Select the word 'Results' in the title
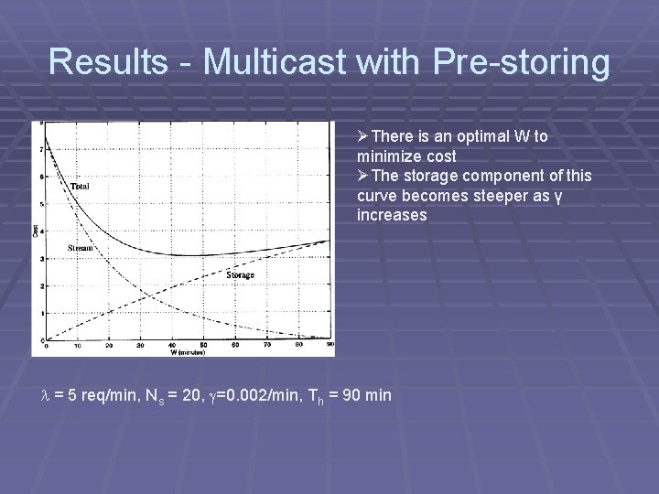[x=107, y=62]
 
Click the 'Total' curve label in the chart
[x=80, y=187]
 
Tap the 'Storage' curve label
[x=240, y=274]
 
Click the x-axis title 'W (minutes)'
[x=188, y=352]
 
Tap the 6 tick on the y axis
[x=40, y=177]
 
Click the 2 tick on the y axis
[x=40, y=285]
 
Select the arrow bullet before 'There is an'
[x=363, y=136]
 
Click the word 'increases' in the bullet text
[x=392, y=215]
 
